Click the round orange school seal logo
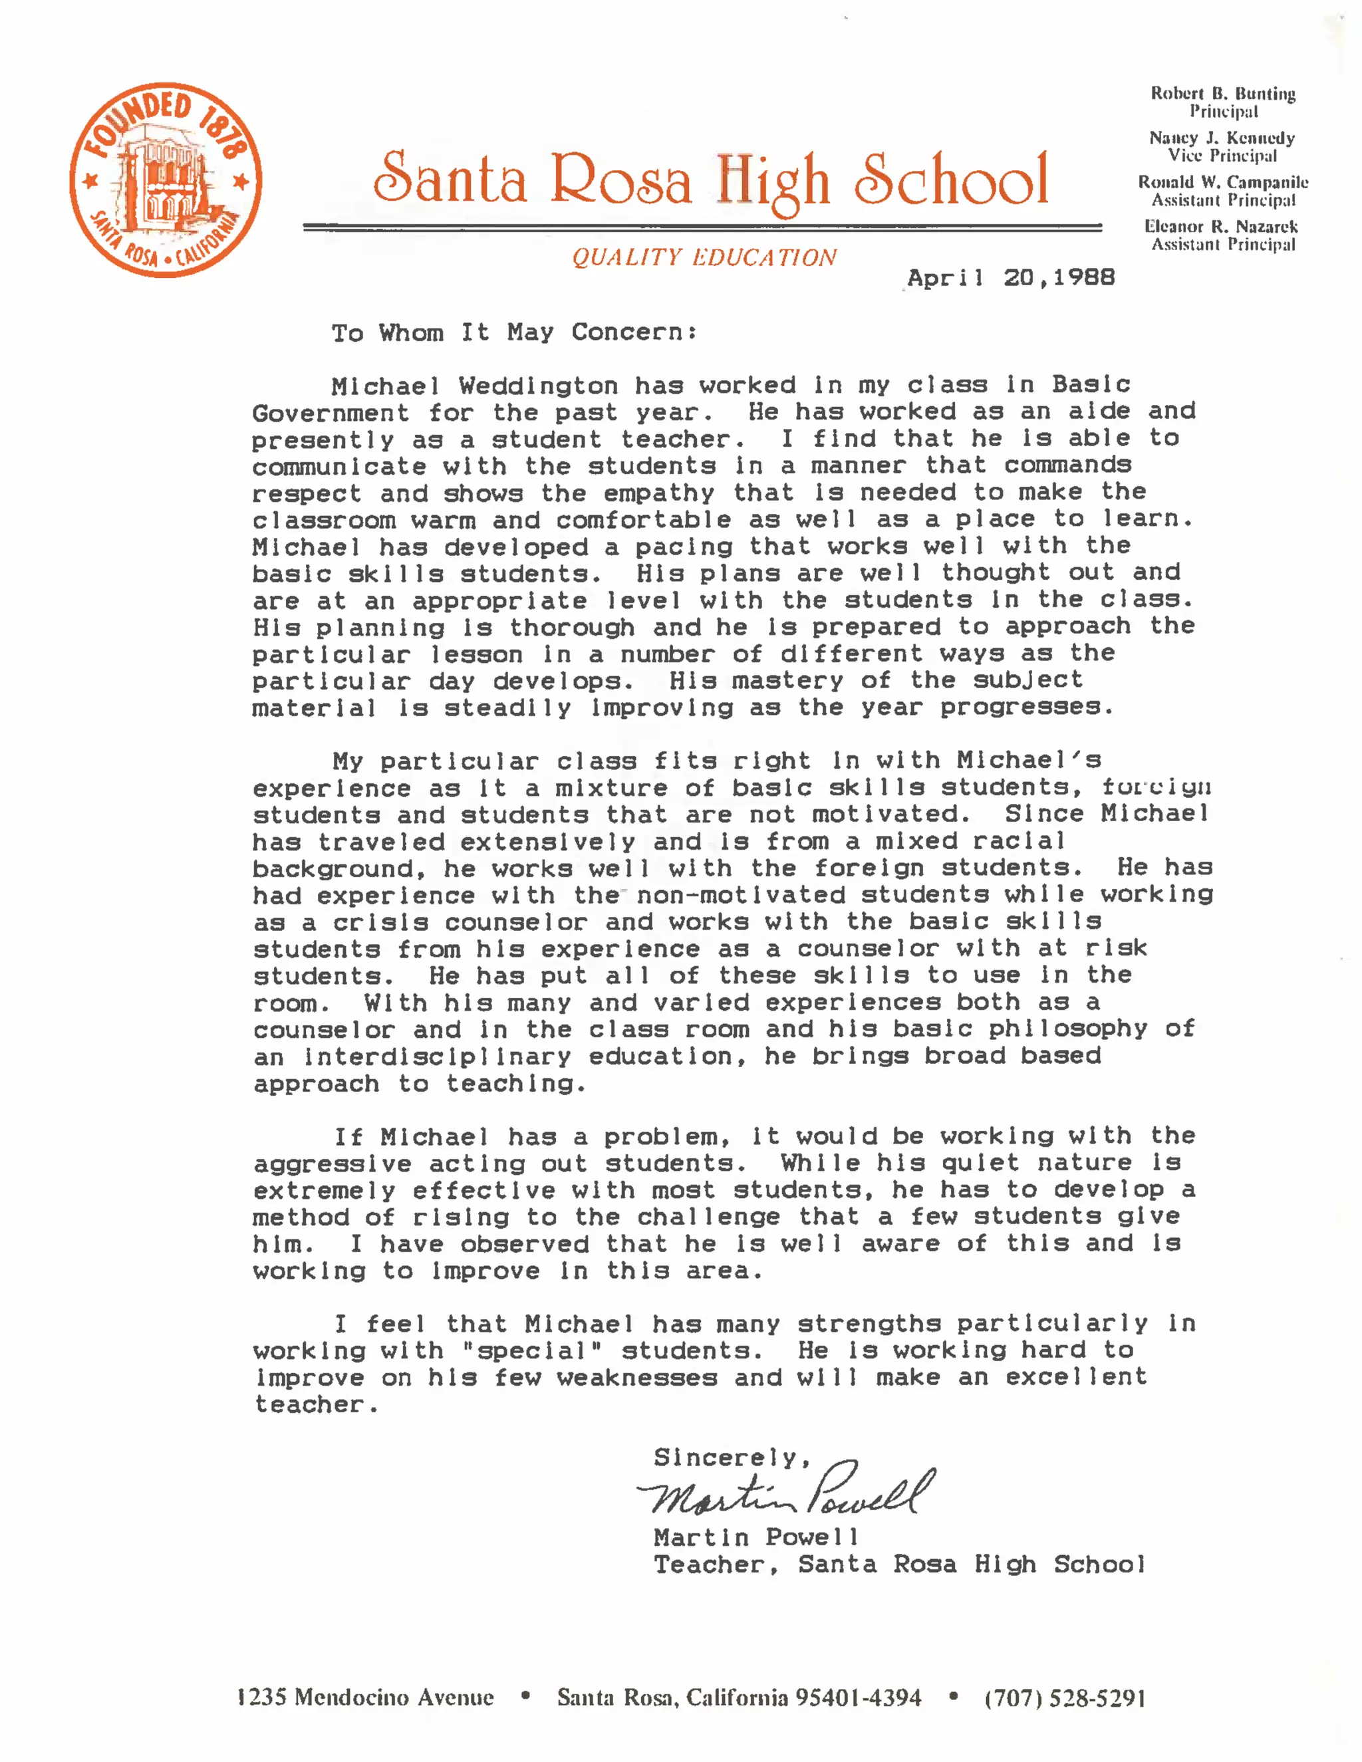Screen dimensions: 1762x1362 point(166,180)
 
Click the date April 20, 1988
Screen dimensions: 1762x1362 point(1010,279)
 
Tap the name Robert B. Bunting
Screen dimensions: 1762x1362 point(1222,94)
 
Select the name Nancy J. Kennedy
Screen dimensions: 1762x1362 point(1222,138)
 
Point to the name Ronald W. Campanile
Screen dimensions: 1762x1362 point(1222,182)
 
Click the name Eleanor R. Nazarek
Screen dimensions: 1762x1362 point(1221,227)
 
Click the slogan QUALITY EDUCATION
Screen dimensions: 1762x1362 point(704,258)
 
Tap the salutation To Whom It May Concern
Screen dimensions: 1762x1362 point(514,332)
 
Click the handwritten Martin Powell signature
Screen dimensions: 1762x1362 point(787,1493)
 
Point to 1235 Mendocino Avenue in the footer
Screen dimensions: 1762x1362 point(366,1698)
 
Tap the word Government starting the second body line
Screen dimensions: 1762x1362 point(331,413)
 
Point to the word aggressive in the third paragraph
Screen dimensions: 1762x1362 point(333,1164)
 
